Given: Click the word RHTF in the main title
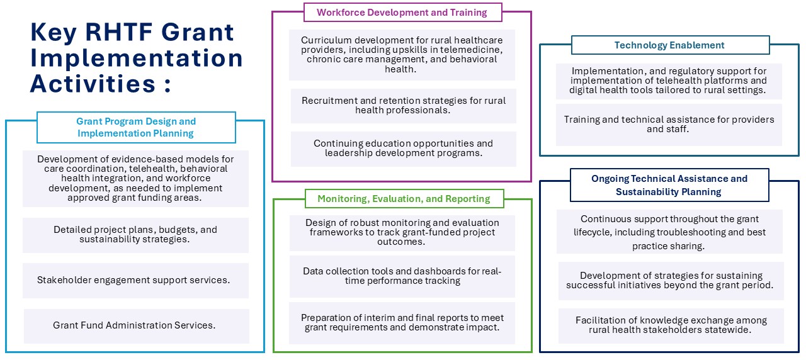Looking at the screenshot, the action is point(118,32).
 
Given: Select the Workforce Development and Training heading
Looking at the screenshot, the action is point(402,13).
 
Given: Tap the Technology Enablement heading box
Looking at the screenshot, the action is point(671,45).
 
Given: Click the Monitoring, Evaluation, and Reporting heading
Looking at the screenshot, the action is point(404,199).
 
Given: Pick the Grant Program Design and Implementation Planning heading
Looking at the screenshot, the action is point(136,127).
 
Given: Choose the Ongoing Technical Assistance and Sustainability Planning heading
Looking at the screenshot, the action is point(669,185).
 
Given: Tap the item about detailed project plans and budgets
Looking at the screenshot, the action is point(135,235).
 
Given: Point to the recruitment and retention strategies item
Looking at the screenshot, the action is point(404,106).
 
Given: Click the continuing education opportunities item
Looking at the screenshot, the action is point(404,149).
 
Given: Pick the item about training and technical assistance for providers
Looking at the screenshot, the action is point(669,125).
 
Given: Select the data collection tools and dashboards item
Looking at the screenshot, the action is point(402,276).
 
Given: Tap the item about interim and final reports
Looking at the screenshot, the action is point(402,323).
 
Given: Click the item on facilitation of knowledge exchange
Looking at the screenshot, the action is point(671,325).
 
